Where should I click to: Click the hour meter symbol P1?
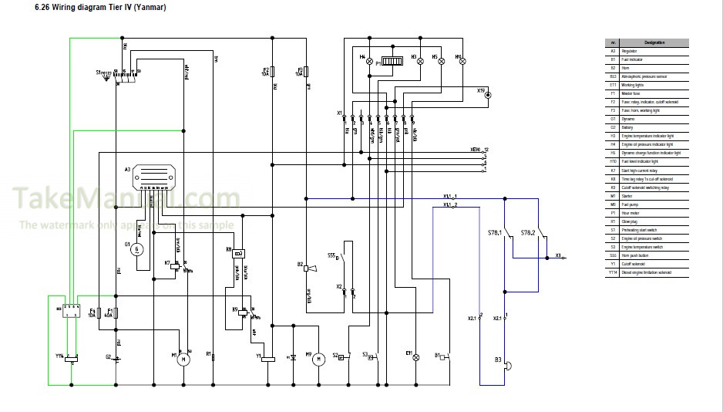393,62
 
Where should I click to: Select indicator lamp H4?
368,61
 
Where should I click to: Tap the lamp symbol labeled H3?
420,61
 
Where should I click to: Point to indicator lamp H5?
441,61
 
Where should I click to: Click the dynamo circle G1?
136,248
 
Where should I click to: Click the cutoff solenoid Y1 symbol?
268,358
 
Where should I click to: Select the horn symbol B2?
308,268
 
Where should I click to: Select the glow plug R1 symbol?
213,358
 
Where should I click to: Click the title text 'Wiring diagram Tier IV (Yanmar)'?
100,8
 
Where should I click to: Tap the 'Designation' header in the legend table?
654,42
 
